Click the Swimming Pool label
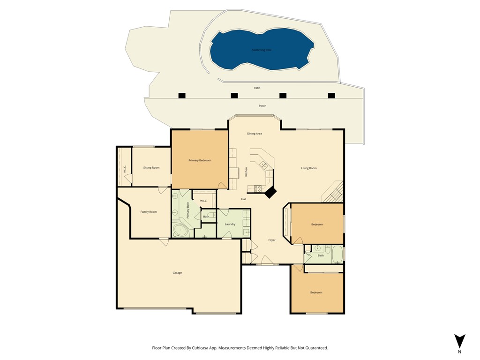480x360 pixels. pyautogui.click(x=262, y=50)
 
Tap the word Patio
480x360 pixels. pyautogui.click(x=257, y=88)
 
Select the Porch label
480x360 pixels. pyautogui.click(x=262, y=106)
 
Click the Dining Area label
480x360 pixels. pyautogui.click(x=255, y=134)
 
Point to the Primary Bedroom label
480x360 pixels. pyautogui.click(x=200, y=160)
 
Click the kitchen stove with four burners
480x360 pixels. pyautogui.click(x=257, y=188)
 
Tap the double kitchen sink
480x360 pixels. pyautogui.click(x=264, y=165)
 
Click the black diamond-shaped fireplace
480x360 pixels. pyautogui.click(x=270, y=192)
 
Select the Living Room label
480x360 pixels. pyautogui.click(x=309, y=168)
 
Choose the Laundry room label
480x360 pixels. pyautogui.click(x=230, y=224)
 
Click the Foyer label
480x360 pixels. pyautogui.click(x=272, y=240)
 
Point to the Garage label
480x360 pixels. pyautogui.click(x=177, y=273)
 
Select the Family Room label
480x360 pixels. pyautogui.click(x=149, y=212)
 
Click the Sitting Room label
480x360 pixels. pyautogui.click(x=151, y=167)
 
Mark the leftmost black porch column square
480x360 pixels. pyautogui.click(x=182, y=96)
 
